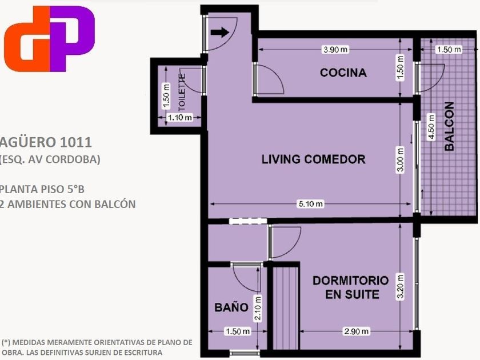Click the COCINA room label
[343, 73]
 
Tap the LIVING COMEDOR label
[314, 159]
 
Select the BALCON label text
[449, 126]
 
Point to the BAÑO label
[231, 307]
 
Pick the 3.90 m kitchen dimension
[335, 49]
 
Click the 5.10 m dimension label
[310, 204]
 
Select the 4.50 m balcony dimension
[431, 126]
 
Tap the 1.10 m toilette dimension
[179, 117]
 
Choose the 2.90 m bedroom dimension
[357, 331]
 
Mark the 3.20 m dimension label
[401, 287]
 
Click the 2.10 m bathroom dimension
[258, 308]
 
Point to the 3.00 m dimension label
[401, 160]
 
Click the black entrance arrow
[220, 32]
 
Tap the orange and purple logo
[49, 39]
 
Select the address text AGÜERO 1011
[46, 142]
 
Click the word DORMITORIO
[351, 281]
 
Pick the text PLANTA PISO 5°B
[42, 189]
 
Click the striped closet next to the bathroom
[286, 308]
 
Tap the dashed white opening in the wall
[248, 221]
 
